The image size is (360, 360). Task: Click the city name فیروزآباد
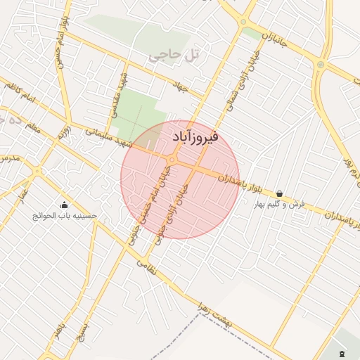(x=194, y=135)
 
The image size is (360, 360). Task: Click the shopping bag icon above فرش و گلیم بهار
(x=279, y=193)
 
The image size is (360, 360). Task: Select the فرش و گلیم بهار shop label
(x=281, y=204)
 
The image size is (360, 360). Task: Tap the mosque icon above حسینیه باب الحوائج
(x=64, y=205)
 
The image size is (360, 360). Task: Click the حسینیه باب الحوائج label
(x=65, y=216)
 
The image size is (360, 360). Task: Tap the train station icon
(x=342, y=354)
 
